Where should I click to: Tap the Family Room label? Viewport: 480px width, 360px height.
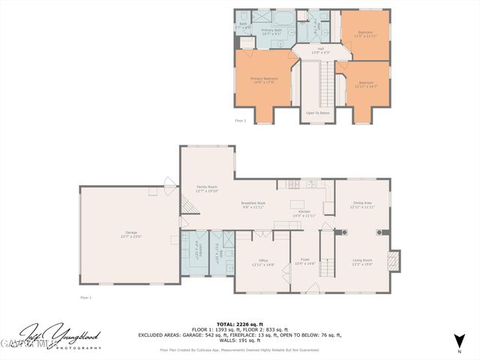click(x=206, y=188)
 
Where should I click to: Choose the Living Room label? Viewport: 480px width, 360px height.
click(x=362, y=262)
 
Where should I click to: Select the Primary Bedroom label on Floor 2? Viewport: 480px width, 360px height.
click(x=264, y=79)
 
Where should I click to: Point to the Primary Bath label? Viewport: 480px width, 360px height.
click(x=271, y=31)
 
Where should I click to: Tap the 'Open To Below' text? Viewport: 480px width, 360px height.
click(x=318, y=112)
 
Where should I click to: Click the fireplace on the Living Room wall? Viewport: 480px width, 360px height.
click(x=394, y=261)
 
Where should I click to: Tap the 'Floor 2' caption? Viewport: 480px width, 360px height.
click(x=240, y=120)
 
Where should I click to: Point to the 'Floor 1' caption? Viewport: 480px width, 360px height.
click(x=85, y=298)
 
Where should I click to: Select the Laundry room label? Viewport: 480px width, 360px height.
click(x=197, y=247)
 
